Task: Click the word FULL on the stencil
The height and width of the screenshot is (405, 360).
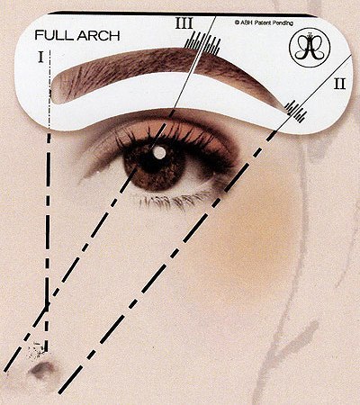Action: click(54, 35)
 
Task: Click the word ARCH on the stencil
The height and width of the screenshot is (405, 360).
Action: click(98, 36)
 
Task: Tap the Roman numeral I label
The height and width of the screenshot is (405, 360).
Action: click(41, 57)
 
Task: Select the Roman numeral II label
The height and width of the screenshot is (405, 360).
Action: click(340, 84)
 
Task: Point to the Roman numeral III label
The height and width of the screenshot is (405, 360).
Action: click(184, 23)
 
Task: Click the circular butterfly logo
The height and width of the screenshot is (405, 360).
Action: click(310, 47)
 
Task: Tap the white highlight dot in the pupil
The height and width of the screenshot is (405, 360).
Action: click(158, 152)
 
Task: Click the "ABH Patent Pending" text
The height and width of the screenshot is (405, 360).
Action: click(264, 22)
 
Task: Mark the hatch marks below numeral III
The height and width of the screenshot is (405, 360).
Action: click(202, 44)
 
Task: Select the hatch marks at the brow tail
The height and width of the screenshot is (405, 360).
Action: click(296, 112)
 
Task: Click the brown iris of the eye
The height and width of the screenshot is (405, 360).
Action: click(153, 166)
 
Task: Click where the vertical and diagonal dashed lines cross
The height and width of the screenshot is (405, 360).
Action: click(47, 305)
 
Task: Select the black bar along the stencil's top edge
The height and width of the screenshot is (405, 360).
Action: click(182, 13)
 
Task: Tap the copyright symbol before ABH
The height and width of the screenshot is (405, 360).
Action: click(237, 22)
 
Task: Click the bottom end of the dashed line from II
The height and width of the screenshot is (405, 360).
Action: click(59, 392)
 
